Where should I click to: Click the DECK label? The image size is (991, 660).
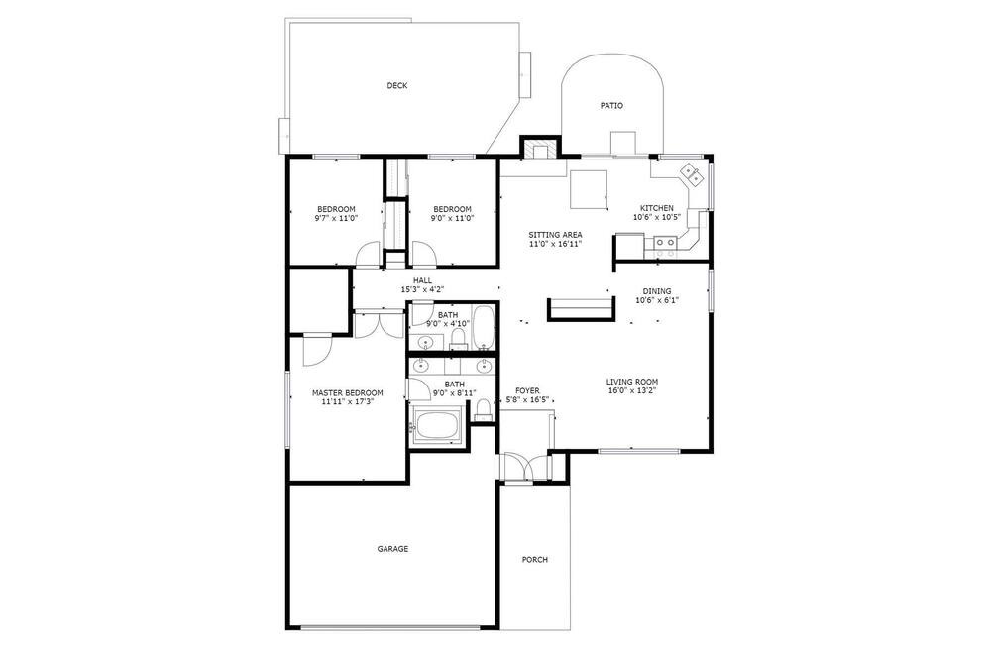point(397,86)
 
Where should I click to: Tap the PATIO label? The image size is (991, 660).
point(611,106)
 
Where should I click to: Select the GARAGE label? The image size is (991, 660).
point(392,549)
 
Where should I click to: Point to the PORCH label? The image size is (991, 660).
point(535,560)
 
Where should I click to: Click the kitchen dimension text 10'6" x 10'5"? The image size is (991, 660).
point(657,217)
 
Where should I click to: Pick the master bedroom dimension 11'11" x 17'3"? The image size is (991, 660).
point(347,400)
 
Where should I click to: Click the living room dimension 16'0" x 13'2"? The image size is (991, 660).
point(631,390)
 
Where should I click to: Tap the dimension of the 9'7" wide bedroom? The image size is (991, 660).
point(336,218)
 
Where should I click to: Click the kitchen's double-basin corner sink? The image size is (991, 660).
point(690,174)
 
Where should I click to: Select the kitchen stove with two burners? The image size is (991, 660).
point(665,241)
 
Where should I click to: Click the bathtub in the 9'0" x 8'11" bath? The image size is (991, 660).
point(437,425)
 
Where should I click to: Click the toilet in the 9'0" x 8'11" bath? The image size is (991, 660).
point(483,409)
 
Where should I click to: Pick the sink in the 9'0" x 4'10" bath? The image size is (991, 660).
point(425,342)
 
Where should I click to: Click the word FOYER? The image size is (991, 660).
point(527,391)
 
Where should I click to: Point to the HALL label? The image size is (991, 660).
point(423,280)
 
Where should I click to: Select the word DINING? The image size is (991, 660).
point(657,291)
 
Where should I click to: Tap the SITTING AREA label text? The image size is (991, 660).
point(555,235)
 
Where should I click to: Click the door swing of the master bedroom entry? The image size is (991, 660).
point(318,350)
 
